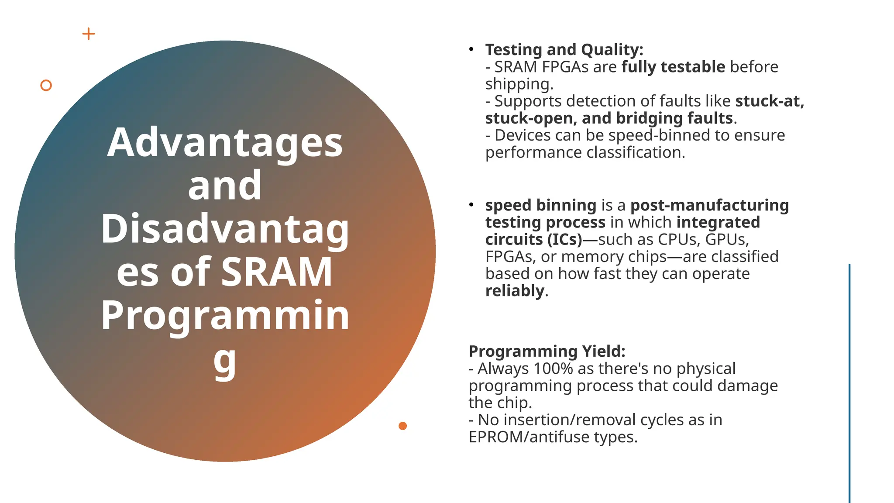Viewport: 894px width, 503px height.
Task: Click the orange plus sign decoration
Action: pyautogui.click(x=89, y=34)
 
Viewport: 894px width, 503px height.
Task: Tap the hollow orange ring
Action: pyautogui.click(x=46, y=86)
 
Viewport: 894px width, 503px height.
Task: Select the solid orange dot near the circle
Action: pyautogui.click(x=402, y=426)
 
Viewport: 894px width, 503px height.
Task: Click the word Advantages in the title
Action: pyautogui.click(x=225, y=143)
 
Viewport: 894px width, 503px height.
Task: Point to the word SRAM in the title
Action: pyautogui.click(x=277, y=272)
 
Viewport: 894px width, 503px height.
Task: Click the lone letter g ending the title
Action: pyautogui.click(x=225, y=361)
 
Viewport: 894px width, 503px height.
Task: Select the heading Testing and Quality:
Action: pyautogui.click(x=564, y=50)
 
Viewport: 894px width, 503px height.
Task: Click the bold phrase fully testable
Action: pyautogui.click(x=673, y=67)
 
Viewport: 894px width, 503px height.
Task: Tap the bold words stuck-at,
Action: pyautogui.click(x=770, y=101)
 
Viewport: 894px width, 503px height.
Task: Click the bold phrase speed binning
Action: pyautogui.click(x=540, y=205)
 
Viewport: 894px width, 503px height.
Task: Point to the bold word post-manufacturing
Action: pyautogui.click(x=709, y=205)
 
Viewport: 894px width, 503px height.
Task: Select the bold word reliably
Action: pyautogui.click(x=515, y=291)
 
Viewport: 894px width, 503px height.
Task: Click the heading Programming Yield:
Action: pyautogui.click(x=547, y=351)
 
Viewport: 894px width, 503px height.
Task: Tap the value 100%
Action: pyautogui.click(x=553, y=369)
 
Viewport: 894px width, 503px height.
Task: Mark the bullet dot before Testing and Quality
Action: pyautogui.click(x=471, y=49)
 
